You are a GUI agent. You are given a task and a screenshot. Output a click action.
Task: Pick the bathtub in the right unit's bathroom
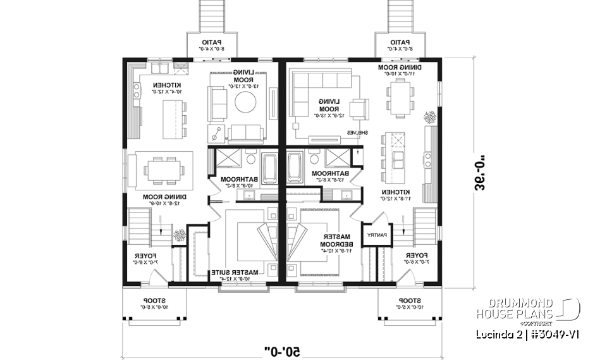click(295, 168)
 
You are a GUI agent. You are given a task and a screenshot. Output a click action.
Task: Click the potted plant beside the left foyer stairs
click(180, 235)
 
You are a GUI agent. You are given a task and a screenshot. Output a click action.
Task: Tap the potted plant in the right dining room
click(430, 117)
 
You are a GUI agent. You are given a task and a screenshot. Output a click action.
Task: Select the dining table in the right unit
click(399, 100)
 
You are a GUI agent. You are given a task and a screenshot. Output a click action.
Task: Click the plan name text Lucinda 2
click(493, 333)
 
